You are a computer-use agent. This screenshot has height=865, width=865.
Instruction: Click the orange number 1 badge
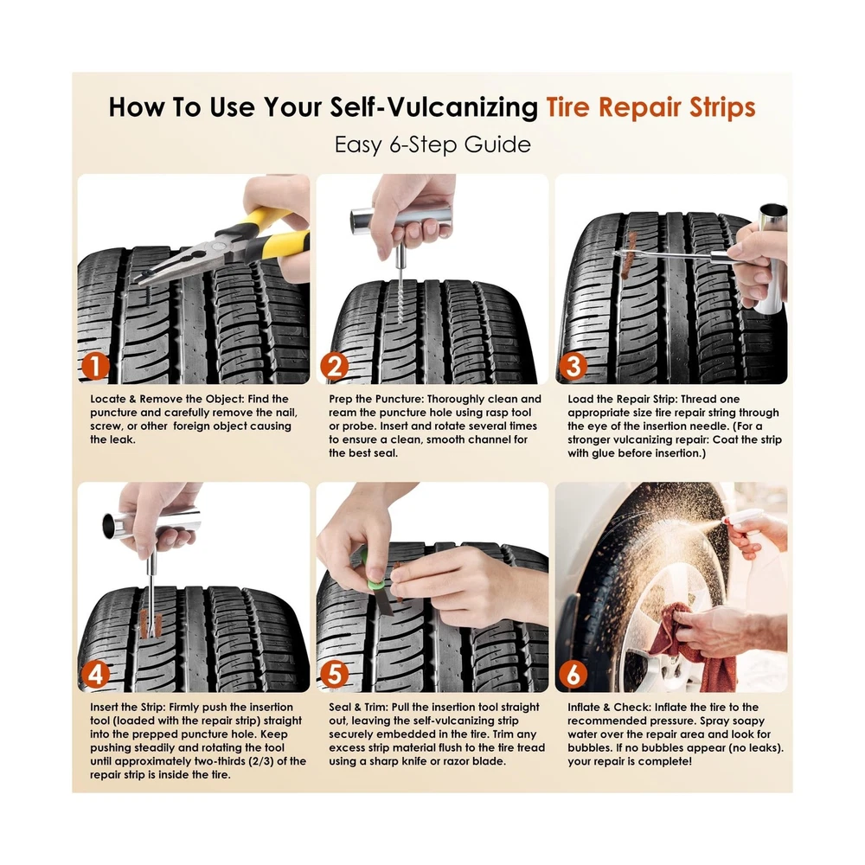(95, 366)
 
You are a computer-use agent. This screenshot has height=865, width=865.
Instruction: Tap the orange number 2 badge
(334, 366)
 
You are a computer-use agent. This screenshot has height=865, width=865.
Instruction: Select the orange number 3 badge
(573, 366)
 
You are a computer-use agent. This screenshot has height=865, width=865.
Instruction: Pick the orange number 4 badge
(95, 674)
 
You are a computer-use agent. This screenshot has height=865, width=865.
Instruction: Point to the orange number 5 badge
(334, 674)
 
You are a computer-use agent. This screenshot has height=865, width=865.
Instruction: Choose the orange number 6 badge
(573, 674)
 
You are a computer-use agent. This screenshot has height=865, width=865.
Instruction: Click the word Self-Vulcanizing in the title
(433, 107)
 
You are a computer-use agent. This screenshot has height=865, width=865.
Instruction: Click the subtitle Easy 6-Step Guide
(432, 144)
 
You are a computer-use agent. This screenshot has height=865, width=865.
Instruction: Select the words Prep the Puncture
(375, 399)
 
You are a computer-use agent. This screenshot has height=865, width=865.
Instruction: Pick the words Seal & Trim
(359, 708)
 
